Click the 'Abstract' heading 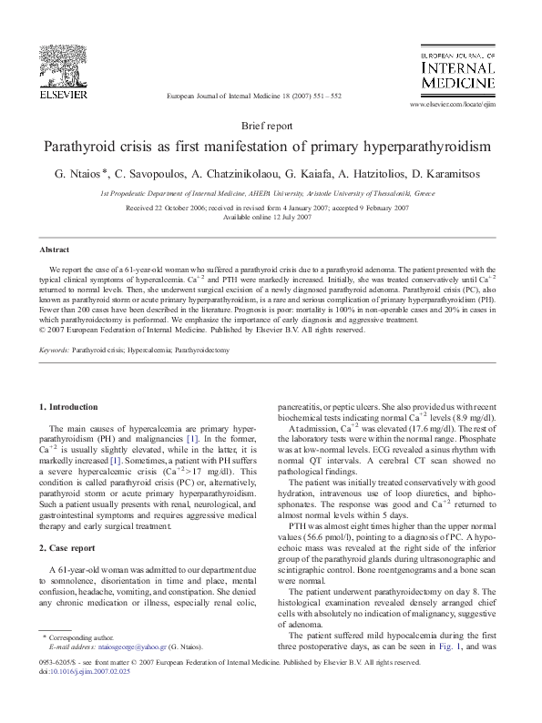coord(55,249)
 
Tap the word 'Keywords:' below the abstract coord(55,350)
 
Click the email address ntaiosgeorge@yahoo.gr coord(128,673)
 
